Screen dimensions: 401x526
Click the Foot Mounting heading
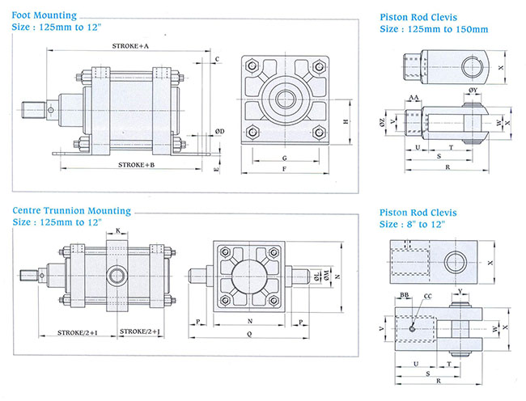[45, 15]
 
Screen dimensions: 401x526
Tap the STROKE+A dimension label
[130, 47]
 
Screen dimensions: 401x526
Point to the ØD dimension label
[220, 130]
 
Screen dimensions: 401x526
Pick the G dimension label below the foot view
[285, 158]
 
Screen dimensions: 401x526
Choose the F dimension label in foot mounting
[285, 171]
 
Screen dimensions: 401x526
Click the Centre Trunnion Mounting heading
[71, 211]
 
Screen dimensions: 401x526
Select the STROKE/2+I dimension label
[78, 332]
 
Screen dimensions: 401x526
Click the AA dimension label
[414, 98]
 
